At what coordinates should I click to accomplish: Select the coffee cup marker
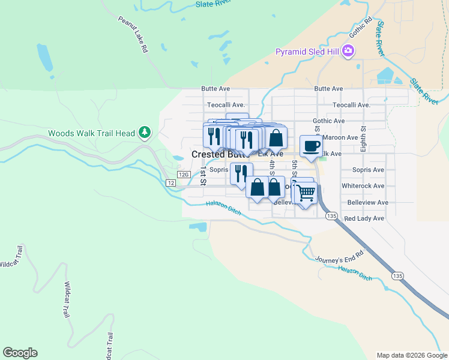(310, 146)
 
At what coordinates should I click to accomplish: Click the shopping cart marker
(306, 193)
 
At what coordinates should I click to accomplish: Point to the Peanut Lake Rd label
(132, 35)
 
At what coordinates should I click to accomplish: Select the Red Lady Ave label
(364, 218)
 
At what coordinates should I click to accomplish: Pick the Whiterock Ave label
(363, 186)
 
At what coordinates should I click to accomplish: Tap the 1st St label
(203, 176)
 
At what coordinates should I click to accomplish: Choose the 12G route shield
(170, 174)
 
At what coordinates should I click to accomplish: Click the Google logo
(20, 353)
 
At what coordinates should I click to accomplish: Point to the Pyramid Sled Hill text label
(307, 52)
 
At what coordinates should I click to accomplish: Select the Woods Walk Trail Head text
(91, 133)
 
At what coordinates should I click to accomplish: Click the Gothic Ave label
(328, 121)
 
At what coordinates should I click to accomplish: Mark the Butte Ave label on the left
(215, 88)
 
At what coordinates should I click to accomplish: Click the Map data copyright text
(412, 355)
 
